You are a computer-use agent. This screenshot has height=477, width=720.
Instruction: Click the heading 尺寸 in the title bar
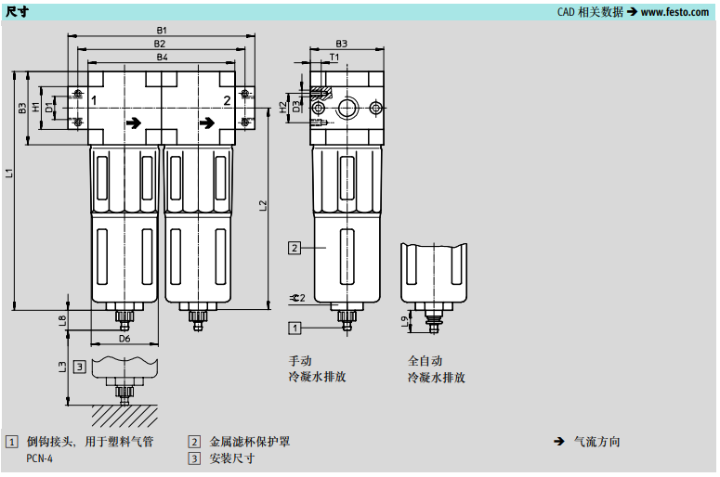coord(16,11)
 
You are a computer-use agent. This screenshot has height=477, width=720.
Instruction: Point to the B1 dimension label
coord(162,31)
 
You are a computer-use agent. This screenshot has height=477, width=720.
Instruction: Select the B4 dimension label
coord(162,58)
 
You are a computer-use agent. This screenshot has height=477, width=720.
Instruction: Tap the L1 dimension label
coord(9,173)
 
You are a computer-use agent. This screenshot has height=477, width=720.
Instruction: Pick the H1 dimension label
coord(37,107)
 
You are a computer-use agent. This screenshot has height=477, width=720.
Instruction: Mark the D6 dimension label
coord(124,340)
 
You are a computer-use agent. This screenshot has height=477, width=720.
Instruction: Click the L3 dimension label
coord(62,367)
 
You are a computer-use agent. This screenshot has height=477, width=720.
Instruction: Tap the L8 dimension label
coord(62,320)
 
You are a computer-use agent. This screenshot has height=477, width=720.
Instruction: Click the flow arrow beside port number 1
coord(136,122)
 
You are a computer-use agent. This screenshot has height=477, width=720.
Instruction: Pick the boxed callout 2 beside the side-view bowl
coord(294,248)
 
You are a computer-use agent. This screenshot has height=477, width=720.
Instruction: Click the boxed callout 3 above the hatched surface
coord(81,367)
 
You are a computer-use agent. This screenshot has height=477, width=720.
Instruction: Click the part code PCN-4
coord(40,458)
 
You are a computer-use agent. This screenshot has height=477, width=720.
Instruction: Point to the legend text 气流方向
coord(597,442)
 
